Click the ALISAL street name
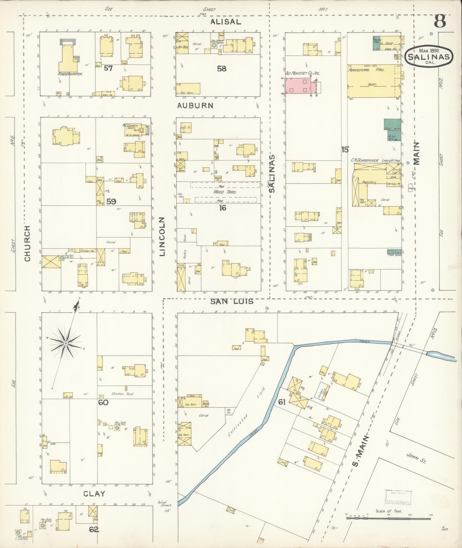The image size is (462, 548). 226,22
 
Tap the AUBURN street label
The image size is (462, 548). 195,106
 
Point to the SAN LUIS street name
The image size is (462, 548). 232,302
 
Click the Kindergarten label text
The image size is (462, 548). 70,74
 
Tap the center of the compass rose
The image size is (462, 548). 66,343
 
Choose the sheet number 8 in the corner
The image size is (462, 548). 440,21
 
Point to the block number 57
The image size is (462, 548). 108,68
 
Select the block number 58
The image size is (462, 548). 221,68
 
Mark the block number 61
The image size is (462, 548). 282,402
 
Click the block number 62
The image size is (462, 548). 94,530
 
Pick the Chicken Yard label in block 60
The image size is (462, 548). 123,394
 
